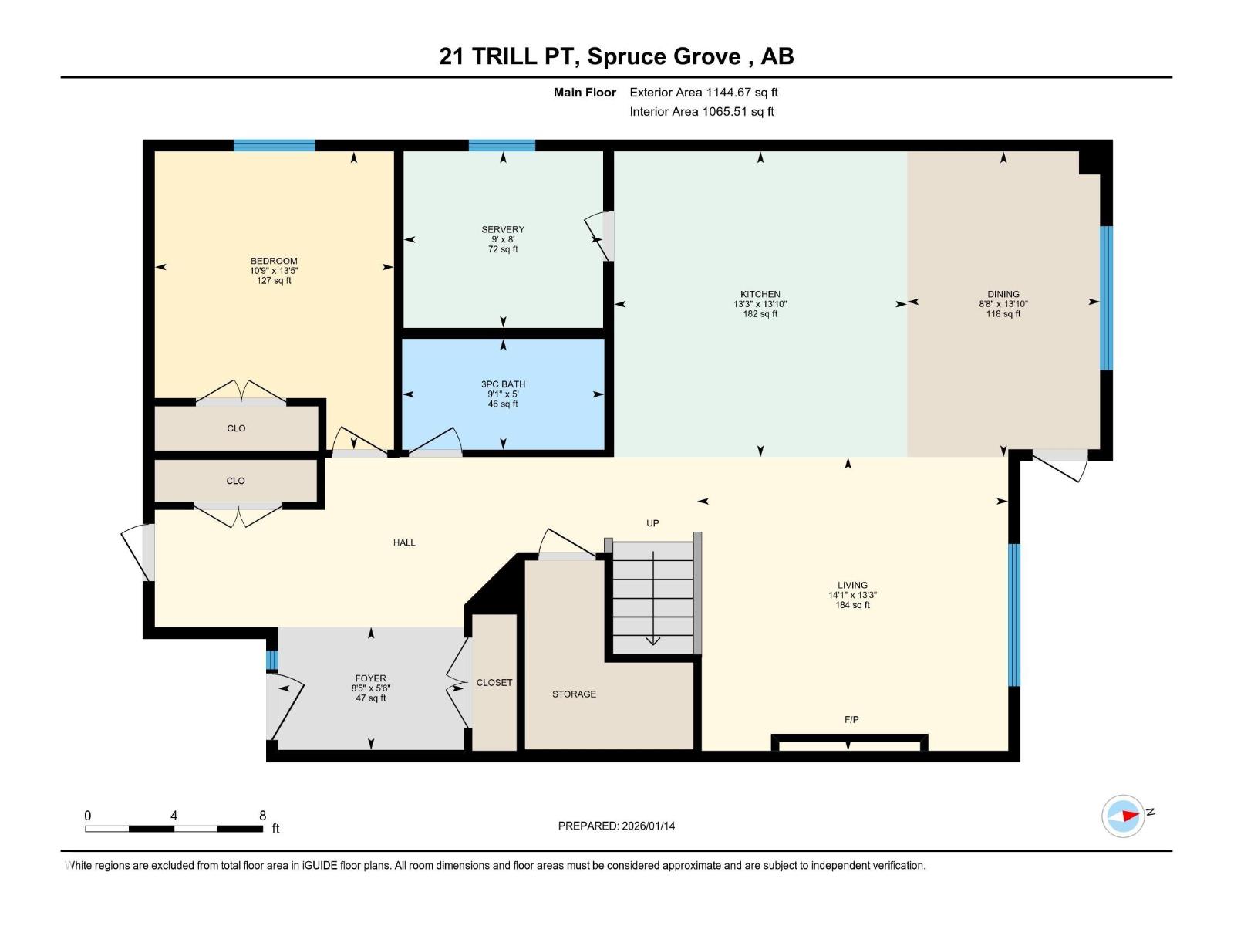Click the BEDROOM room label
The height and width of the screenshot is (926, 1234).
pos(274,261)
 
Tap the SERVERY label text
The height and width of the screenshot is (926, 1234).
pos(503,229)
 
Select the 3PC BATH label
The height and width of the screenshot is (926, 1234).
pos(503,384)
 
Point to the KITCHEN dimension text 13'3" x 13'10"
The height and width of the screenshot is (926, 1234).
pos(760,304)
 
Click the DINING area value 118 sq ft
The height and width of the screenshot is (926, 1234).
pos(1003,314)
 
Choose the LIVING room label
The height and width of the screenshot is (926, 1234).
pos(852,585)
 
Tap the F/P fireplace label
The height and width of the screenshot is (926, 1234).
pos(851,719)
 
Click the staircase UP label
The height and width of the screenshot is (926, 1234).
pos(652,523)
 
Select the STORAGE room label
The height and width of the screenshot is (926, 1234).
pos(574,694)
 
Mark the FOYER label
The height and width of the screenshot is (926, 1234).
pos(371,678)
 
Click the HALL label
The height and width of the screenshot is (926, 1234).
pos(404,542)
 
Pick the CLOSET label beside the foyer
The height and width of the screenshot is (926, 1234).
pos(494,682)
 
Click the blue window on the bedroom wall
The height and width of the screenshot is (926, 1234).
pos(275,145)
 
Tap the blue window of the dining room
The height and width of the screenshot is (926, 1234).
pos(1106,298)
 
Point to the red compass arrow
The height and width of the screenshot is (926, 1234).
pos(1129,815)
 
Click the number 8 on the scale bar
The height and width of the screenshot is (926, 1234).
pos(263,816)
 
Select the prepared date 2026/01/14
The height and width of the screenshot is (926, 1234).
pos(647,826)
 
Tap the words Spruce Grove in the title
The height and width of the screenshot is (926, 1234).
pos(664,56)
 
